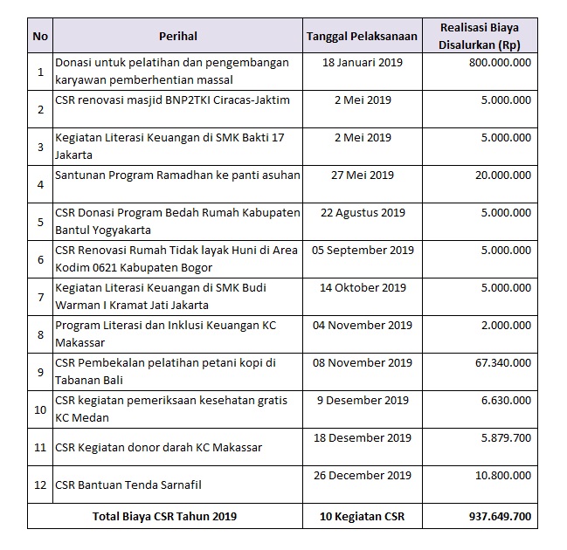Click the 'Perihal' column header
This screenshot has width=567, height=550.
tap(178, 36)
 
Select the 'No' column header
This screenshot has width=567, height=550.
tap(40, 36)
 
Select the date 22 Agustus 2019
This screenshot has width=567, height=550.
tap(363, 212)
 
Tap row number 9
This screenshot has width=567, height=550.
tap(40, 371)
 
